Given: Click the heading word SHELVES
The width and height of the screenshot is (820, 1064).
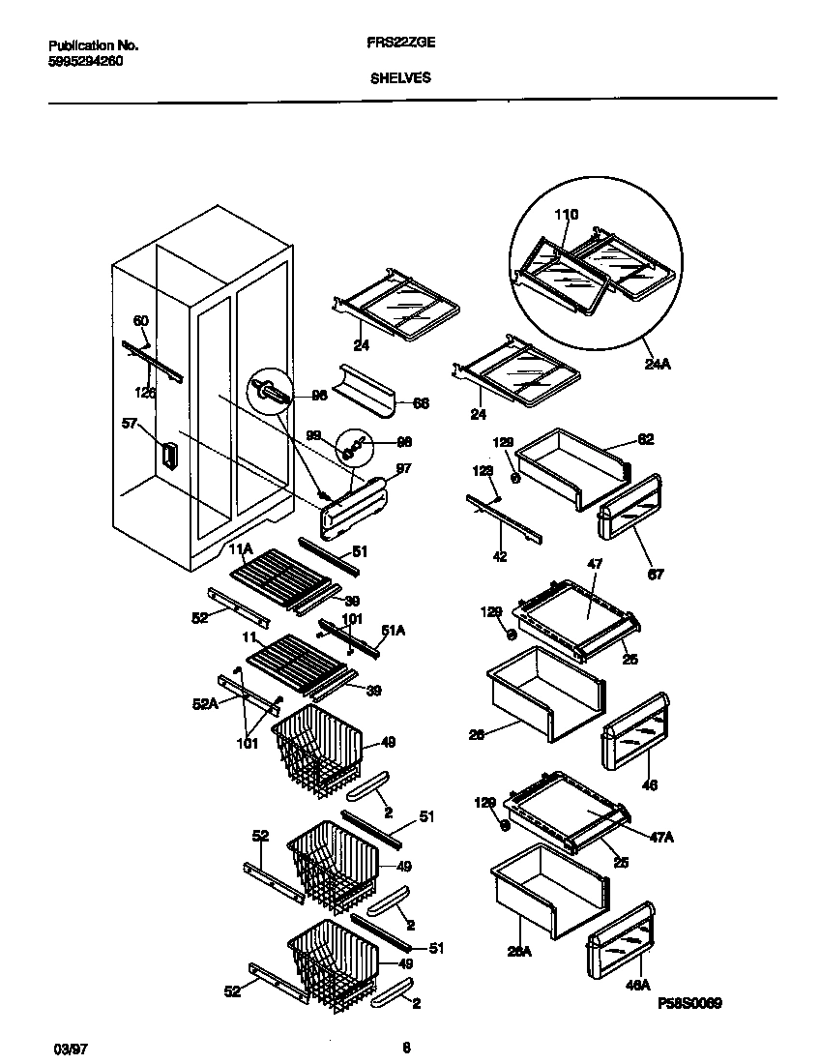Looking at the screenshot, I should [x=400, y=79].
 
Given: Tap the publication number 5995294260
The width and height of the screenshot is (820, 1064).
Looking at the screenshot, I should [x=85, y=60].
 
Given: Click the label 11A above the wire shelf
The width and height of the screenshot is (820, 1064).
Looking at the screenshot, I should [x=241, y=548].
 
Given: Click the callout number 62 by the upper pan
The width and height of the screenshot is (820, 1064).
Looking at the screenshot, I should [x=646, y=439].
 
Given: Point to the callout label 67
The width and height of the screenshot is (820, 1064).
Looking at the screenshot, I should [x=657, y=575].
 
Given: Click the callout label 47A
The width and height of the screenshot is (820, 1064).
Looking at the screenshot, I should [x=661, y=836].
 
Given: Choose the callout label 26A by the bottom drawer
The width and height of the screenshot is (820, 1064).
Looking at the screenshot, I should [x=520, y=952].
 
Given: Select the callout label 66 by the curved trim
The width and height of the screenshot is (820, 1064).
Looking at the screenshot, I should [x=421, y=403].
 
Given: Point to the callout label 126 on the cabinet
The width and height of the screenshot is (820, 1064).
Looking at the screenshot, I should [x=145, y=392].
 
